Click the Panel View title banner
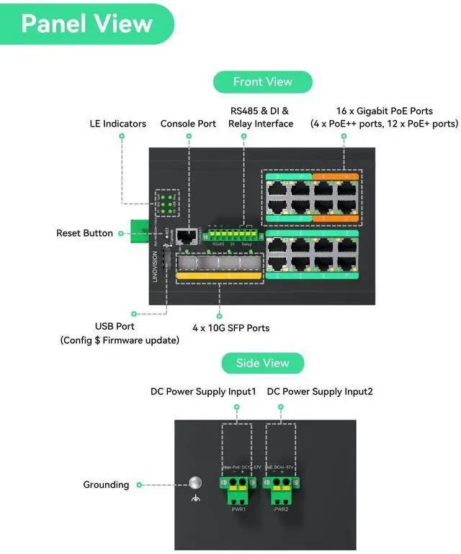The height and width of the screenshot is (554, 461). tap(86, 24)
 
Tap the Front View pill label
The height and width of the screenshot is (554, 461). tap(262, 82)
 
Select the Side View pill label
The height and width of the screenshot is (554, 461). tap(262, 363)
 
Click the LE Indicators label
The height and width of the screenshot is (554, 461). tap(117, 124)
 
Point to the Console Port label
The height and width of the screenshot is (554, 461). tap(188, 124)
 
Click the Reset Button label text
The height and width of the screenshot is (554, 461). tap(84, 233)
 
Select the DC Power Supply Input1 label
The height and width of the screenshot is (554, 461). tap(203, 392)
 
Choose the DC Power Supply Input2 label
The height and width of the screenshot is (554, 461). tap(320, 392)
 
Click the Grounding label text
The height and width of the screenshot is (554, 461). tap(106, 485)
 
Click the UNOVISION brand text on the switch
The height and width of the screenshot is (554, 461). tap(155, 266)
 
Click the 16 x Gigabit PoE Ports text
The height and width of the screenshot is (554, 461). tap(384, 111)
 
